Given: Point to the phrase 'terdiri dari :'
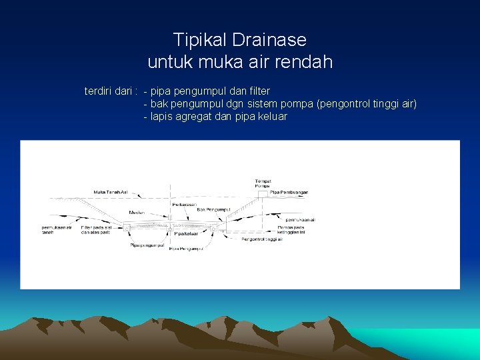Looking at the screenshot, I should tap(111, 91).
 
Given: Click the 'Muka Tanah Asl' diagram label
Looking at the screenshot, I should tap(111, 192).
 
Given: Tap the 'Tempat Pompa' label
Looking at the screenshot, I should tap(263, 183).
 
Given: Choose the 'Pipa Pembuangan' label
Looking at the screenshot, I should tap(289, 192).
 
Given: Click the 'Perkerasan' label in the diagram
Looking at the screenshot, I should tap(185, 204).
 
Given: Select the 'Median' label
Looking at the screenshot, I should tap(137, 213).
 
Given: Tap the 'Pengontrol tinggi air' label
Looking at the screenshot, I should tap(262, 239).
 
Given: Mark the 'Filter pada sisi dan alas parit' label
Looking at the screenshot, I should tap(96, 230).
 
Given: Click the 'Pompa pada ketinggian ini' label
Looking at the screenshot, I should tap(291, 230).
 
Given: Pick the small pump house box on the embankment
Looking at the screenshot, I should tap(263, 194).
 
